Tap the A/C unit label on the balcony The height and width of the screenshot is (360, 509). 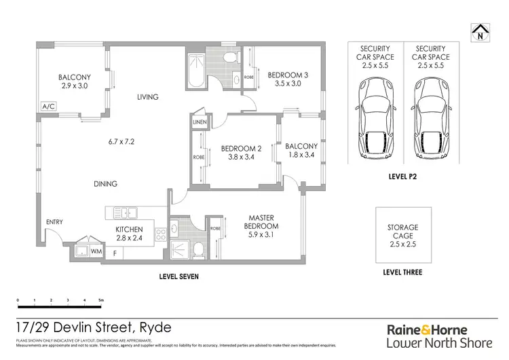coord(48,107)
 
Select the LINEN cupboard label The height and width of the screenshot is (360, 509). coord(199,122)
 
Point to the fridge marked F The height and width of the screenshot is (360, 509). coord(114,253)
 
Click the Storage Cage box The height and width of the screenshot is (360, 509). coord(403,235)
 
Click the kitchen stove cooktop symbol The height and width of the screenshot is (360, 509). coord(162,236)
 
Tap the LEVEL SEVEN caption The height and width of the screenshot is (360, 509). coord(178,277)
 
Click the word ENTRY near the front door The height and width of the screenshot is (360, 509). coord(54,222)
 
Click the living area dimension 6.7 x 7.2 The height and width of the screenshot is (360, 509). coord(122,142)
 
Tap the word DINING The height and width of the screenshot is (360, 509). coord(105,183)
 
